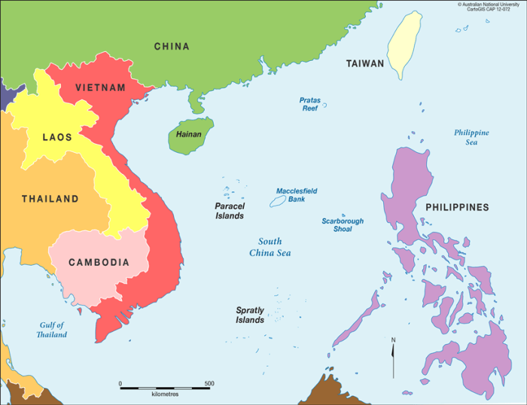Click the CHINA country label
172,47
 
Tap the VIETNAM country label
100,88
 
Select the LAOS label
57,137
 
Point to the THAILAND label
50,199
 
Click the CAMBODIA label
99,263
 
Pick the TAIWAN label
365,64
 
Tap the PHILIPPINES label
457,207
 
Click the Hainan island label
188,135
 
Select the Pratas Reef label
309,104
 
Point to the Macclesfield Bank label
297,195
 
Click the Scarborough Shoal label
343,225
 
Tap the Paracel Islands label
230,211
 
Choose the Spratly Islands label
250,315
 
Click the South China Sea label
270,247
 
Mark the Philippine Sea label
471,137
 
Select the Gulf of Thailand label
53,330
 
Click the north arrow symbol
393,358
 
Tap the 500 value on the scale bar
209,384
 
